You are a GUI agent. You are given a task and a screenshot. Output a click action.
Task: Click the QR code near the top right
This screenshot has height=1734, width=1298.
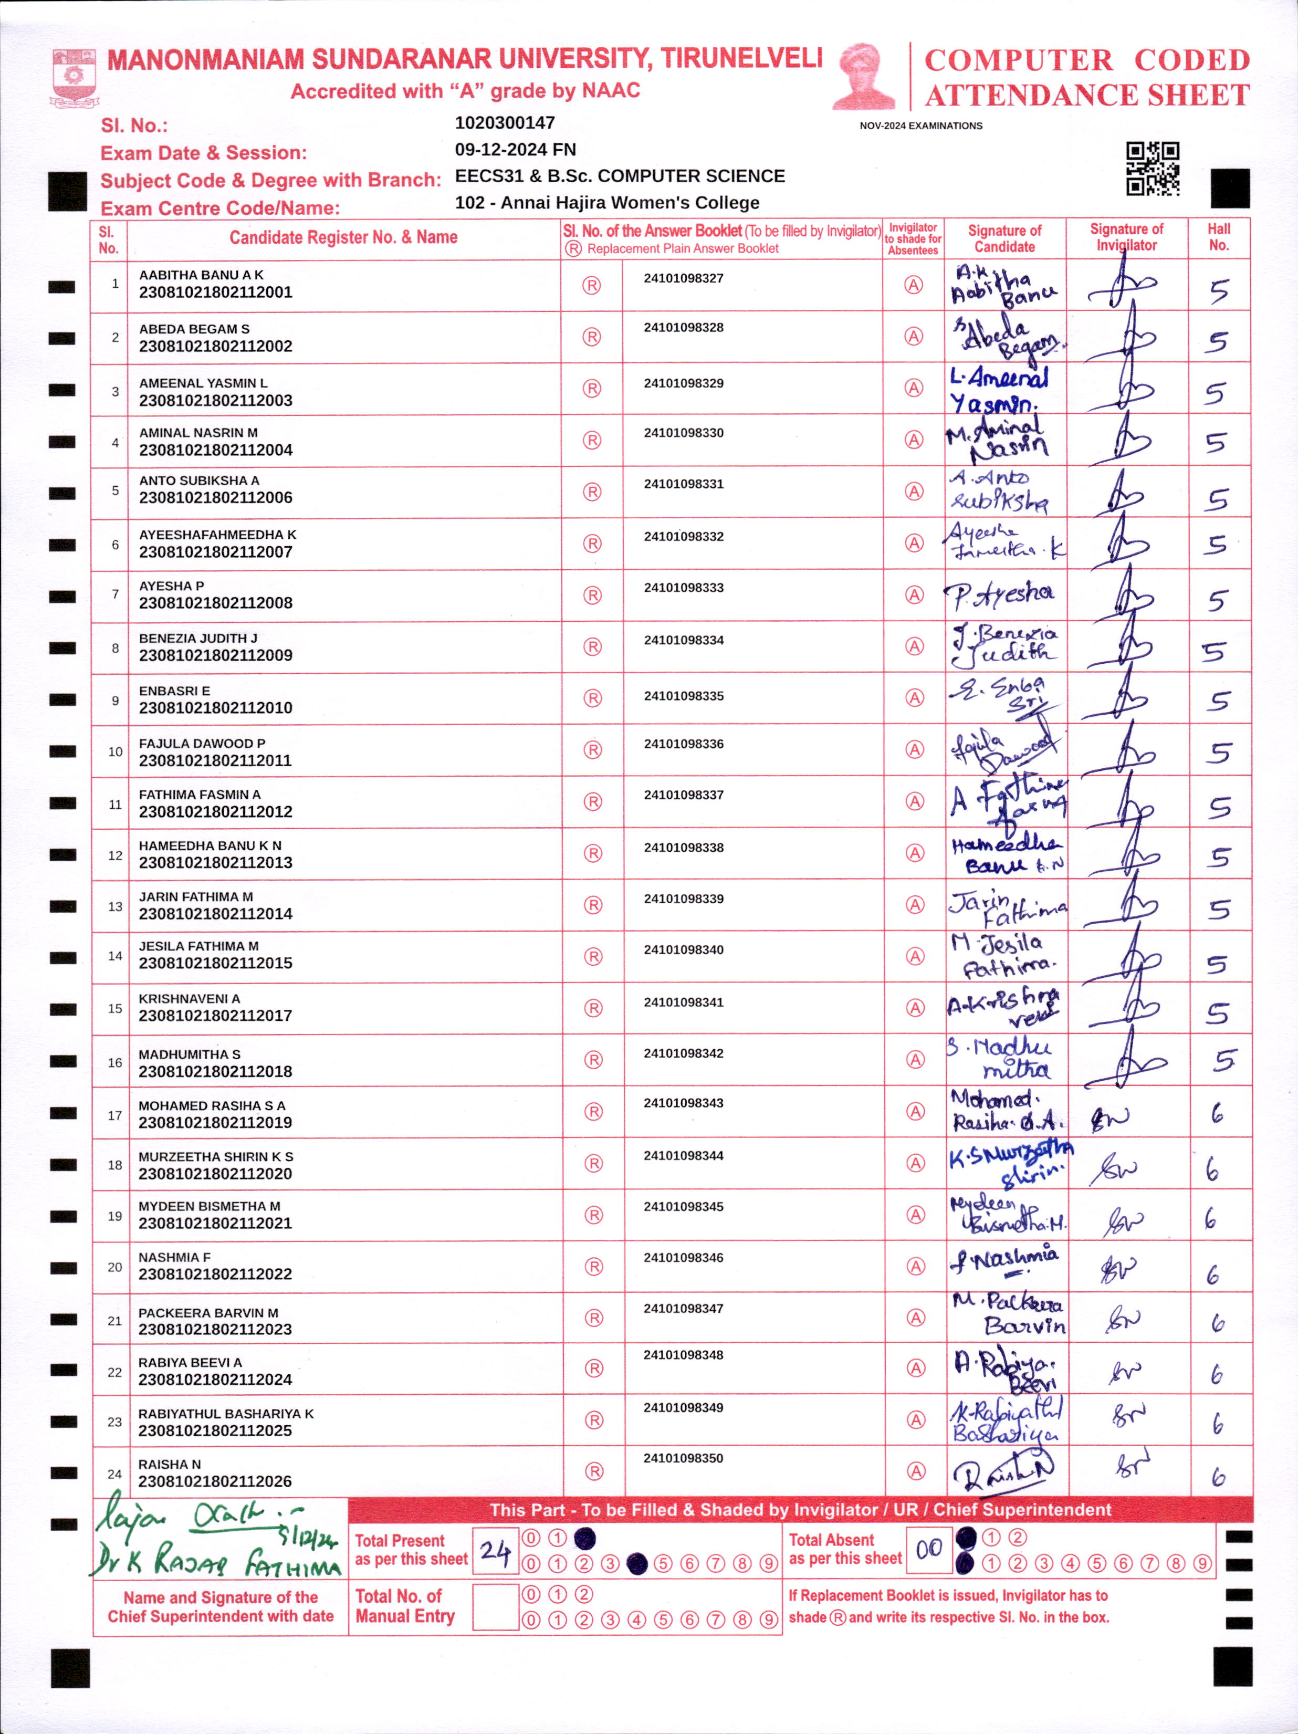(1152, 169)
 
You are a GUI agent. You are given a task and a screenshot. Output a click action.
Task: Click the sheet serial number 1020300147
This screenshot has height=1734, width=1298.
(505, 123)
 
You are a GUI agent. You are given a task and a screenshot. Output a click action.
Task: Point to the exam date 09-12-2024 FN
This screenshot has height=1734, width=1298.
(515, 150)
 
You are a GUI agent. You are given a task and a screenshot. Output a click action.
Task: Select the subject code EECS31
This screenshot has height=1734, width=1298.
(488, 176)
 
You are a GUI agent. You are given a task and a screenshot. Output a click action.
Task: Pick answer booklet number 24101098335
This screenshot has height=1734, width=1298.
(684, 696)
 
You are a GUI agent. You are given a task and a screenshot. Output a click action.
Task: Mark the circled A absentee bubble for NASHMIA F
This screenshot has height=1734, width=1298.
(916, 1267)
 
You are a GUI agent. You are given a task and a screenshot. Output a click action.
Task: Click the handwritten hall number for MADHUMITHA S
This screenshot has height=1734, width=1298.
(1223, 1061)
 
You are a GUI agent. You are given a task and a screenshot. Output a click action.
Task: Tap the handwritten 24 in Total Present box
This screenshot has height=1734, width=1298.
(495, 1551)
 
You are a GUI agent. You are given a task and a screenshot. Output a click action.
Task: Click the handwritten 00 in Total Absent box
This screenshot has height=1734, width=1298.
(929, 1549)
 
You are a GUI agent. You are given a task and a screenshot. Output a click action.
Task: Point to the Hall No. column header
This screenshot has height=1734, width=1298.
(1219, 237)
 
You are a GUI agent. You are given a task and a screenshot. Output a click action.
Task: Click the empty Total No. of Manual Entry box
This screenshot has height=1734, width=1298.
(495, 1607)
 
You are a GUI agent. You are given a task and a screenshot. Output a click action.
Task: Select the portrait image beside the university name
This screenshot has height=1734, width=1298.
(864, 77)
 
